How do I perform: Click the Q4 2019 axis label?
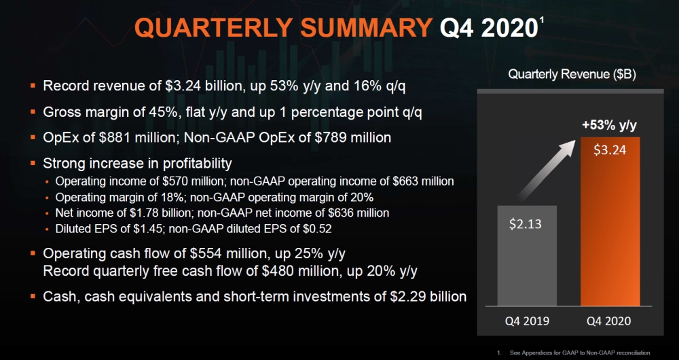click(528, 320)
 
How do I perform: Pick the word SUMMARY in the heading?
click(372, 29)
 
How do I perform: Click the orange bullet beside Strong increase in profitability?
click(33, 164)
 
